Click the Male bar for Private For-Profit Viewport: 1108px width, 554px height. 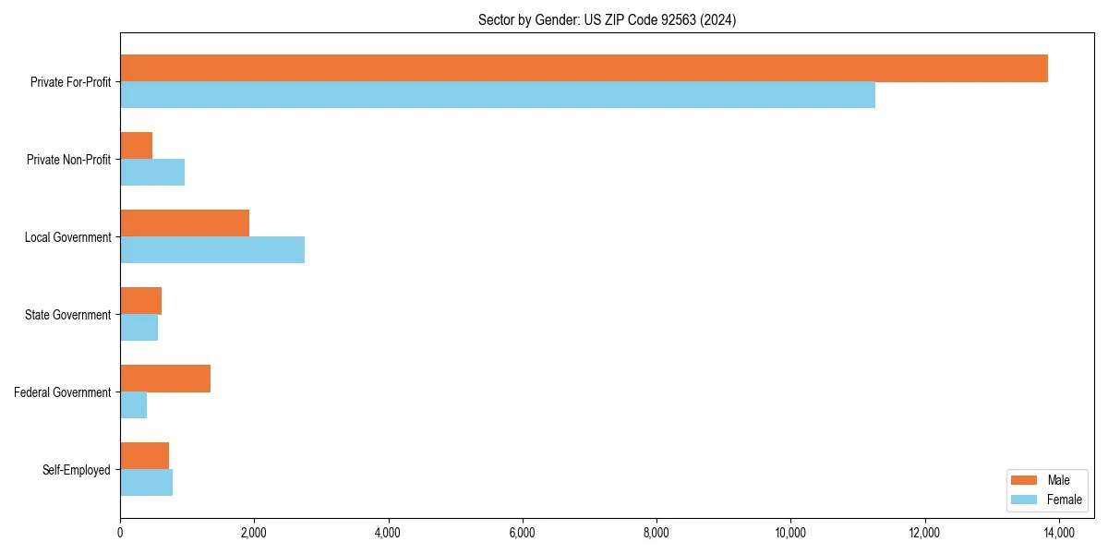[x=584, y=68]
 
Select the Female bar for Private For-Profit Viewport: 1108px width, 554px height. [x=498, y=95]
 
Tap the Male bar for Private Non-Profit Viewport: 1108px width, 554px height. [x=137, y=146]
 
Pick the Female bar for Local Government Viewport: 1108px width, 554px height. [x=212, y=250]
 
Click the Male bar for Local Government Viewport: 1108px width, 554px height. [x=185, y=223]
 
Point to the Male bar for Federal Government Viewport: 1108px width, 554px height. [x=165, y=379]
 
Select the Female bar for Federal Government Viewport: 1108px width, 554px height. [x=134, y=405]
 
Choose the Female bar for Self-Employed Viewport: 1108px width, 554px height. [x=146, y=483]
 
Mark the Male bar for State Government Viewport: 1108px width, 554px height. [x=141, y=301]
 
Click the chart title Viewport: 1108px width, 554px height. [x=607, y=19]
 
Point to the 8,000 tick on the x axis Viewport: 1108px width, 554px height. [x=656, y=533]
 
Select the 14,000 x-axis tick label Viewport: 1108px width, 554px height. [x=1058, y=533]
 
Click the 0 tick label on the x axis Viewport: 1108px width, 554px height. [x=120, y=533]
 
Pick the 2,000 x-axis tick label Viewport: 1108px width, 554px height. [x=254, y=533]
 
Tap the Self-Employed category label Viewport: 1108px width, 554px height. [x=77, y=470]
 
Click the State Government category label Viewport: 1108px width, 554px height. [x=68, y=315]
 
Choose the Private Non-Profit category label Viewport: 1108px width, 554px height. [x=68, y=160]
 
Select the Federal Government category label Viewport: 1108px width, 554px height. [x=63, y=392]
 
